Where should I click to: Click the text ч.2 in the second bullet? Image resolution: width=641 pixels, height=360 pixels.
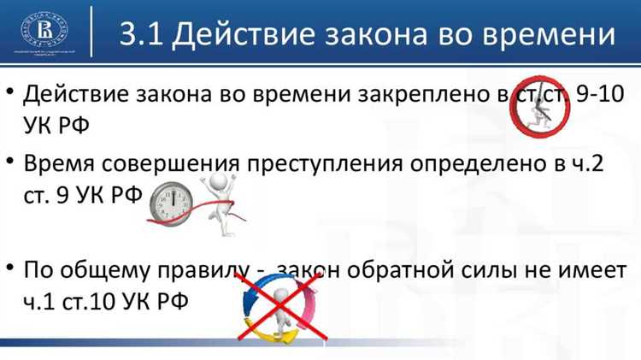[x=589, y=163]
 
